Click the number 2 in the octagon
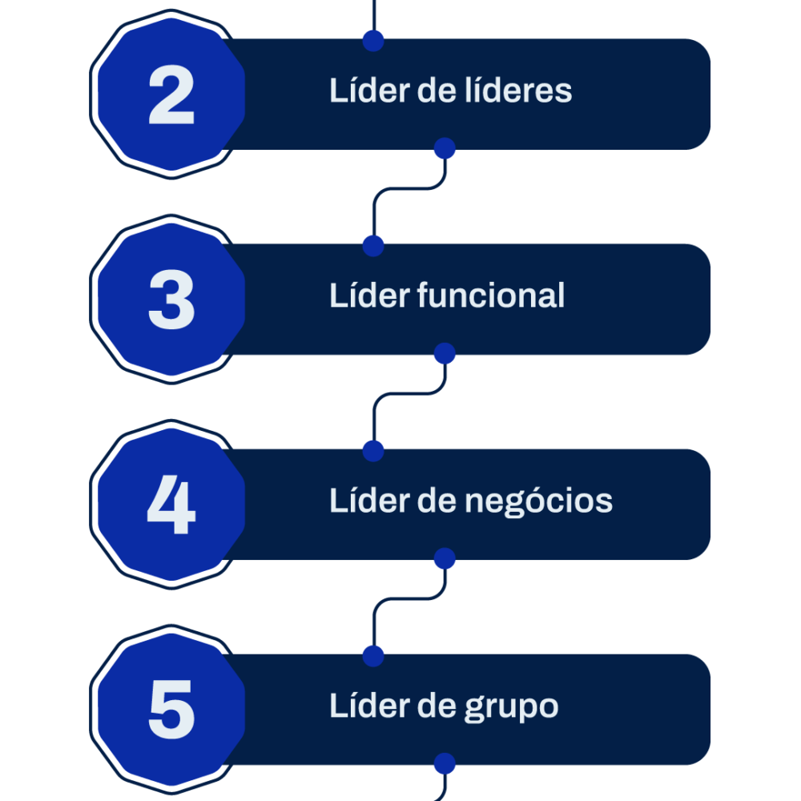tap(171, 95)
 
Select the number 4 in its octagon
tap(171, 505)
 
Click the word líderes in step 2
tap(518, 91)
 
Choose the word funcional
tap(491, 296)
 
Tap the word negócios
tap(538, 501)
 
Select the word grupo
tap(511, 707)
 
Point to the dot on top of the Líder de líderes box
tap(373, 41)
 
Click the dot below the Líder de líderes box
tap(445, 148)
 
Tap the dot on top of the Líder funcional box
tap(373, 246)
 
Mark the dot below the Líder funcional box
tap(445, 353)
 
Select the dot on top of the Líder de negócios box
tap(373, 451)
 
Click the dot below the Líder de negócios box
tap(445, 558)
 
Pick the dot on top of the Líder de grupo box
tap(373, 656)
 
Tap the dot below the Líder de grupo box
tap(445, 763)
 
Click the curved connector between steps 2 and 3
tap(409, 189)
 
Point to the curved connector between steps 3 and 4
tap(409, 394)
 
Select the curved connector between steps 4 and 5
tap(409, 598)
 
